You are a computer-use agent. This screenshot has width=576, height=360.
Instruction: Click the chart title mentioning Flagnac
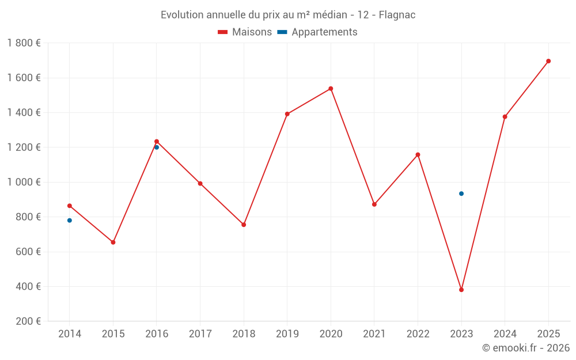pos(288,14)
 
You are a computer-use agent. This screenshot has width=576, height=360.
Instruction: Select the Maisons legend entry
pos(245,32)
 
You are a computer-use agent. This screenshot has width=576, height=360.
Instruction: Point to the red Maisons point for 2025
pos(548,61)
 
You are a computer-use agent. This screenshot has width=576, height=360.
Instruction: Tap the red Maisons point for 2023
pos(461,290)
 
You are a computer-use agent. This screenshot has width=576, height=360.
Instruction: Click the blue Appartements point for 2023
pos(461,194)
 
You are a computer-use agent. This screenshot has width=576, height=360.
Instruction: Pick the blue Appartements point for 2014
pos(70,221)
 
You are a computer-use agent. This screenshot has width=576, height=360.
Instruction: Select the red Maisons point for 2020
pos(331,89)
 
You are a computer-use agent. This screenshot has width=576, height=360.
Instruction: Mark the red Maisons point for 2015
pos(113,242)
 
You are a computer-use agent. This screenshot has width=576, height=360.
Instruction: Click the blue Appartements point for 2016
pos(157,147)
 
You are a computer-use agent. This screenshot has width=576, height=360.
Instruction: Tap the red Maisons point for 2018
pos(244,225)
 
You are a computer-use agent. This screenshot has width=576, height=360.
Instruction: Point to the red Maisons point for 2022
pos(418,155)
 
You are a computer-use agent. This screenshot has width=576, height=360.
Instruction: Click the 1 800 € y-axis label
pos(24,43)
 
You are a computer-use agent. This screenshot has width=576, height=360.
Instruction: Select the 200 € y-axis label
pos(28,321)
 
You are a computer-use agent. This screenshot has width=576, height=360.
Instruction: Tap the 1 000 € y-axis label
pos(24,182)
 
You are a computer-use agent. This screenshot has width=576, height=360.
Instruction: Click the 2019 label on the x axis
pos(287,334)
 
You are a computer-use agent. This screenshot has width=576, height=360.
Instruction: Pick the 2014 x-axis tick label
pos(70,334)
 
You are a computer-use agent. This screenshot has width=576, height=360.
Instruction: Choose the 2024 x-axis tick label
pos(505,334)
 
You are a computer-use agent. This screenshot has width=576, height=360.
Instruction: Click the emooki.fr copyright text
pos(525,348)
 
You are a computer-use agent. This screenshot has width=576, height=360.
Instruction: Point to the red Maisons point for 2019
pos(287,114)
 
